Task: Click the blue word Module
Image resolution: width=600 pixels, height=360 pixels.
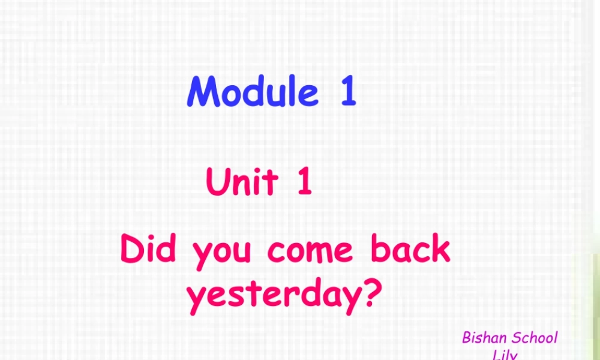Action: [253, 92]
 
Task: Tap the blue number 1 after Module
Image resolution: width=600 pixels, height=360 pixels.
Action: [348, 92]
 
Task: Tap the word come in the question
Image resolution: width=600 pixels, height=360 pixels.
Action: [310, 251]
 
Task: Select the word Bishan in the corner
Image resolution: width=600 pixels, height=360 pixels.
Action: [484, 338]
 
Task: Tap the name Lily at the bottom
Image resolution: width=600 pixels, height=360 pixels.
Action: [505, 355]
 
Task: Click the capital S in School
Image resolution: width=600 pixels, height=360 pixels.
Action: [515, 338]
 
